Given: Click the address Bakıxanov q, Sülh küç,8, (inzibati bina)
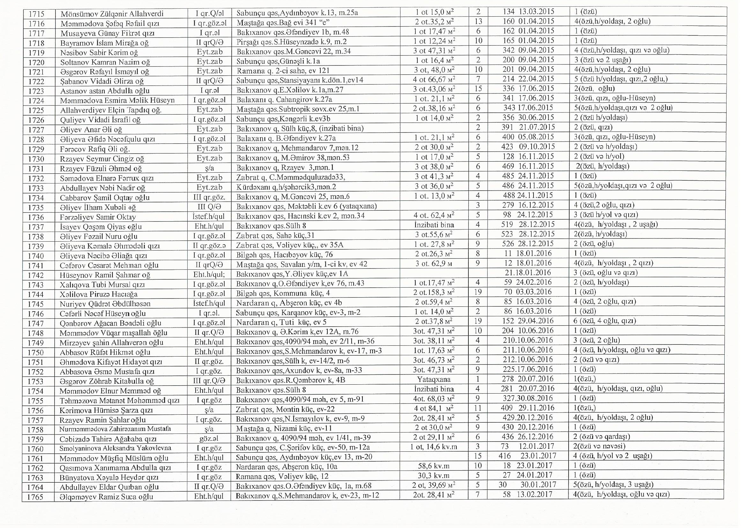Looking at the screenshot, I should pyautogui.click(x=300, y=128).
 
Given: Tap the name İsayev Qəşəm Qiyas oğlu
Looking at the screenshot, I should pyautogui.click(x=101, y=227).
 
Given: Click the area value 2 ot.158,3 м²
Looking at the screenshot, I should pyautogui.click(x=434, y=292).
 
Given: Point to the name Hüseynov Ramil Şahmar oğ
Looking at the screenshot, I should pyautogui.click(x=105, y=275).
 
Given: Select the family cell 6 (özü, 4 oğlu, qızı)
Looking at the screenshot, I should pyautogui.click(x=604, y=321).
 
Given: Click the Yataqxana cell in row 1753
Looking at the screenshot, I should pyautogui.click(x=434, y=380).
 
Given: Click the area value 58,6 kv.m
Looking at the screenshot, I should pyautogui.click(x=434, y=466).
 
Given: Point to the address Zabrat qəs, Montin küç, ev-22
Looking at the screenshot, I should pyautogui.click(x=285, y=409).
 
